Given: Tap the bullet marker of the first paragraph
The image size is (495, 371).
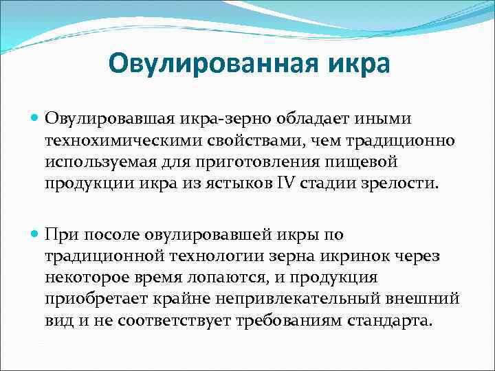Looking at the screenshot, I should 35,119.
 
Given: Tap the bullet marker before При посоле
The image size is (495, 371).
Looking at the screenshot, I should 35,235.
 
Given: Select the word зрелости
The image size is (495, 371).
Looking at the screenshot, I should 398,185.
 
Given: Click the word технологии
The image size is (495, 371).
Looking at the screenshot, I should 222,257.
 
